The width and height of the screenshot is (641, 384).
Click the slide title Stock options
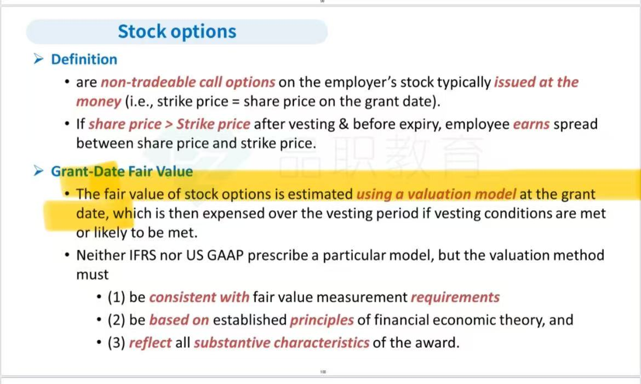click(177, 31)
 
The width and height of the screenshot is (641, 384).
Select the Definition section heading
click(84, 59)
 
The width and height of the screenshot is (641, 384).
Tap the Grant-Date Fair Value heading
click(122, 171)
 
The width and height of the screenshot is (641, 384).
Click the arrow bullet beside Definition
click(39, 59)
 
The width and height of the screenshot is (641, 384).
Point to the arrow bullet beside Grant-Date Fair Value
click(39, 170)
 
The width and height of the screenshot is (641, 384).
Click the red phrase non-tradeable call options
click(188, 82)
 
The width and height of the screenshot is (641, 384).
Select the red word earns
click(531, 124)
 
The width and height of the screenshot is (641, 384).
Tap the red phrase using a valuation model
click(436, 194)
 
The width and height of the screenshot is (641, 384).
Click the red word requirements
click(455, 297)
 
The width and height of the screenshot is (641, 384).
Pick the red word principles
click(322, 320)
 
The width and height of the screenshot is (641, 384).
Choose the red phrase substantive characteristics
click(282, 342)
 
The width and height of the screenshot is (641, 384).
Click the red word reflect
click(151, 342)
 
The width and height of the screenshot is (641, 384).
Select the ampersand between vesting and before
click(344, 124)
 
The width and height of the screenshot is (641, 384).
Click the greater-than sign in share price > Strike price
click(169, 124)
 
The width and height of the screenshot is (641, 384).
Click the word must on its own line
click(93, 275)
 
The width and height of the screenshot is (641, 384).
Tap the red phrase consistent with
click(199, 297)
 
